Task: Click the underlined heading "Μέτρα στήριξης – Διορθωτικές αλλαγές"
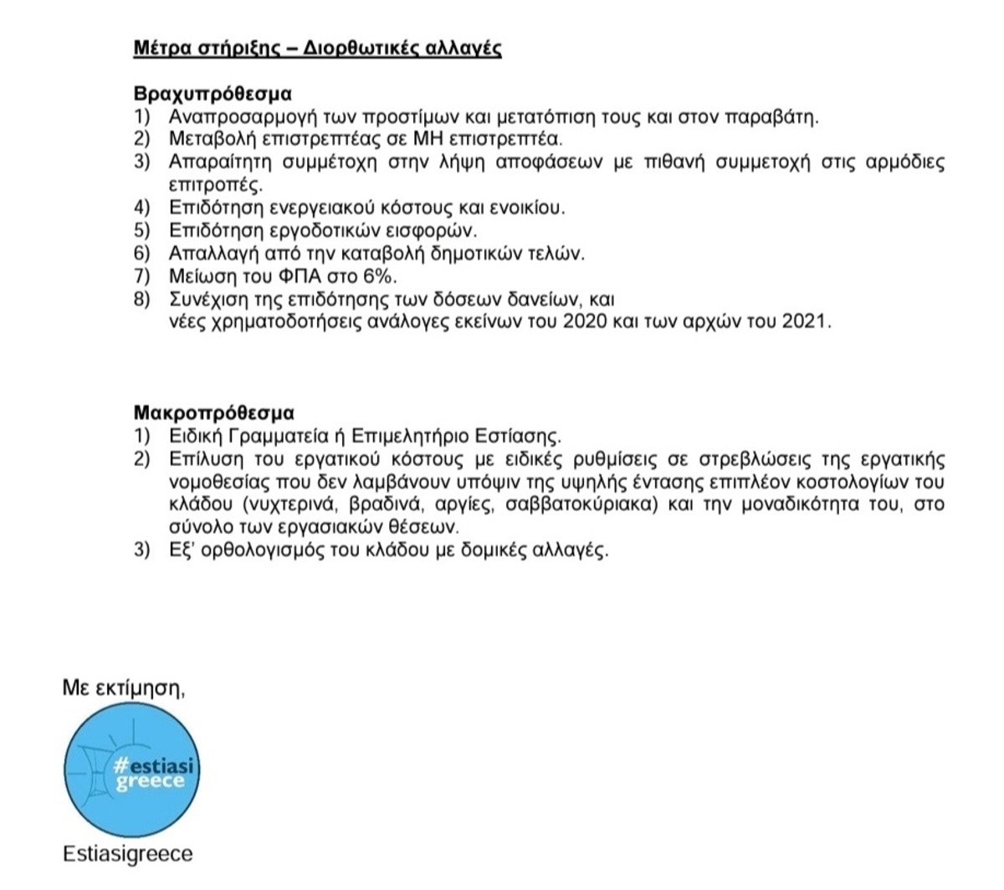click(x=317, y=48)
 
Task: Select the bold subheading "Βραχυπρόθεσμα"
click(x=213, y=94)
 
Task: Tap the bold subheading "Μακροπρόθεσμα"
click(x=214, y=413)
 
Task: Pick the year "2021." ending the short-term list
click(x=807, y=322)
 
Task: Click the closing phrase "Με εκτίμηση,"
click(x=124, y=688)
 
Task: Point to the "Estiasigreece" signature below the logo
click(x=127, y=854)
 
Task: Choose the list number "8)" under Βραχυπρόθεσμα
click(x=141, y=299)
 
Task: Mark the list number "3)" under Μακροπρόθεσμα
click(x=141, y=550)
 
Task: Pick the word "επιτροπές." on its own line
click(x=216, y=185)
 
